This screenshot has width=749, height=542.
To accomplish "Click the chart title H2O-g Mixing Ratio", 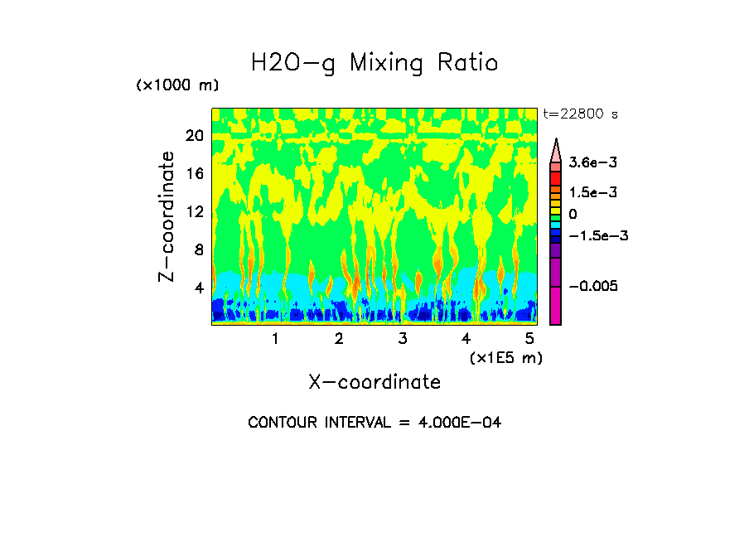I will pos(374,63).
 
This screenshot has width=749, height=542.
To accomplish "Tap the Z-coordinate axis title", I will pos(167,215).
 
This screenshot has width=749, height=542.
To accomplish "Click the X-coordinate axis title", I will pos(374,382).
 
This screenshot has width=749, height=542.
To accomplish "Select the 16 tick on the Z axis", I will pos(194,173).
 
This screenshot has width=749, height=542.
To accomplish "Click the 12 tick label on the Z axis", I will pos(194,211).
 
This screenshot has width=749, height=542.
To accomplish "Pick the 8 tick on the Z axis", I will pos(198,249).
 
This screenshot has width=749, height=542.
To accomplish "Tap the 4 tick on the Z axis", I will pos(198,288).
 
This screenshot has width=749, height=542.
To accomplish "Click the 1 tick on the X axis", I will pos(275,338).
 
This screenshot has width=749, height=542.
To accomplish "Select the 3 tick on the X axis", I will pos(402,338).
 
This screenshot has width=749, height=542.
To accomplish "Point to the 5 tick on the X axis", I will pos(529,338).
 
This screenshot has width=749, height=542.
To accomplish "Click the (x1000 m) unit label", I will pos(176,86).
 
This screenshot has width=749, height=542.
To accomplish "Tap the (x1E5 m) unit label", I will pos(505,357).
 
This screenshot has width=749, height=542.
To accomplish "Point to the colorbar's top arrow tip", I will pos(555,141).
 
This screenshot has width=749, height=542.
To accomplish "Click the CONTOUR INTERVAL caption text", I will pos(374,423).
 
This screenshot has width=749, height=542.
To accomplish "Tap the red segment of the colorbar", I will pos(555,178).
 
